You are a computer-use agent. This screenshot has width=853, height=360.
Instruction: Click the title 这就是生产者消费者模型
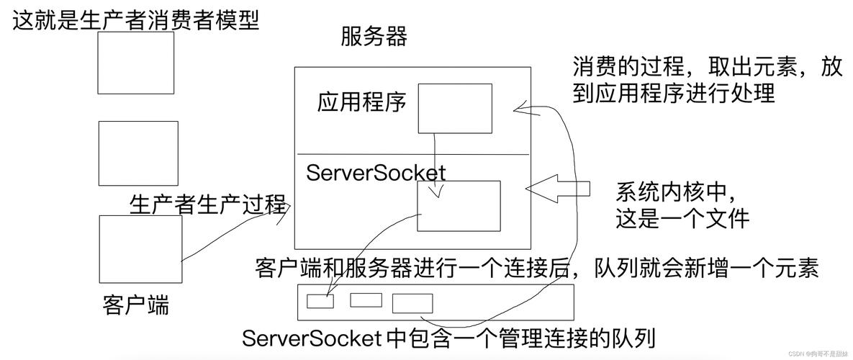[x=135, y=19]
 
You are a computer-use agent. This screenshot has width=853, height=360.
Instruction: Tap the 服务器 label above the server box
[x=374, y=36]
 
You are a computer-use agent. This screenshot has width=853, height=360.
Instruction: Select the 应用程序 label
[x=361, y=103]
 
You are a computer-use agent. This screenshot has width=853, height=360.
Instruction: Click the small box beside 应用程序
[x=455, y=108]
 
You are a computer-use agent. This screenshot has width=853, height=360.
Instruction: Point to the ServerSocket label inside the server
[x=376, y=173]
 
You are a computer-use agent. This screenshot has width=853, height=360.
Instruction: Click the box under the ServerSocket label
[x=459, y=206]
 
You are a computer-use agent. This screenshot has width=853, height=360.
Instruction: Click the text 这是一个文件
[x=682, y=218]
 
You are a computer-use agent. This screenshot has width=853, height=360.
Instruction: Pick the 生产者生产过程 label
[x=208, y=204]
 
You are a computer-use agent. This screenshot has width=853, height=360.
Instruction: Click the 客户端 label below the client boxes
[x=136, y=305]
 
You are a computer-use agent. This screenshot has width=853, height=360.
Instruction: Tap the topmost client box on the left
[x=135, y=62]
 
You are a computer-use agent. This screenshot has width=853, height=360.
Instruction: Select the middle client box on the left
[x=137, y=153]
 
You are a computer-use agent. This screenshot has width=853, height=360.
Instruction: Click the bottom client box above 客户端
[x=140, y=248]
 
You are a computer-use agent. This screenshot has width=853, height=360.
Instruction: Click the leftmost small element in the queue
[x=320, y=301]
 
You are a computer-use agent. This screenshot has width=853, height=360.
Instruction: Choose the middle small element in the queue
[x=366, y=300]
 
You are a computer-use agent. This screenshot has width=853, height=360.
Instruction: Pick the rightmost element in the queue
[x=412, y=303]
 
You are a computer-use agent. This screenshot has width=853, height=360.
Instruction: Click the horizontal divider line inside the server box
[x=413, y=154]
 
